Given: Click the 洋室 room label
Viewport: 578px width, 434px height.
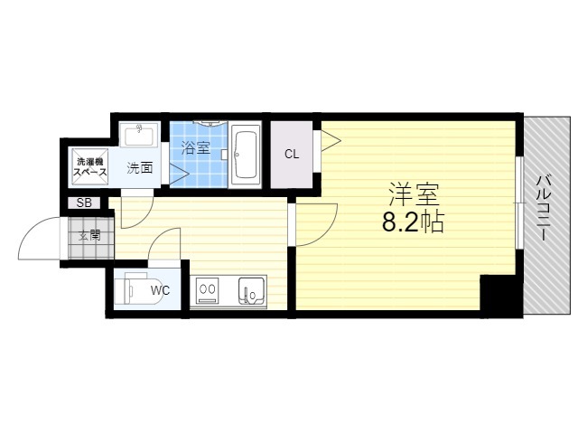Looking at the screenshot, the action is click(414, 195).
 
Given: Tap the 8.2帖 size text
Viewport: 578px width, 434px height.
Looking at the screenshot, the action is click(413, 222).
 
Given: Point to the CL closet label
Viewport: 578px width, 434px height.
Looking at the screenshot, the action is click(292, 155).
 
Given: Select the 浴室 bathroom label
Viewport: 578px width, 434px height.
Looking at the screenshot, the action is click(195, 148).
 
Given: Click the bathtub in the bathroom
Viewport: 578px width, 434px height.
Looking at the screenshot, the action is click(245, 155).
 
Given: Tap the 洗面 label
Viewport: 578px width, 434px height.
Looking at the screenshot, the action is click(140, 168).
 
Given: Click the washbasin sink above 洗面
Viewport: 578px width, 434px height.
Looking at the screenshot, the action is click(139, 135).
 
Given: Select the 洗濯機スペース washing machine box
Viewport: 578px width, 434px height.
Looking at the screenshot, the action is click(90, 166).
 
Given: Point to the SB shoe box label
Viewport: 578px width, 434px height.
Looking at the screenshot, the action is click(84, 203).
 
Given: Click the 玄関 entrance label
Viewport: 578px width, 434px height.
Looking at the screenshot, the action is click(89, 235).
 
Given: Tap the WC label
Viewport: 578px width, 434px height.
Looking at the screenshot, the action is click(160, 291).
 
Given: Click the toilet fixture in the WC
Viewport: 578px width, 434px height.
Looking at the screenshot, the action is click(139, 288).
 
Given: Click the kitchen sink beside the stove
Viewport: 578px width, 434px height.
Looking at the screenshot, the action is click(251, 290).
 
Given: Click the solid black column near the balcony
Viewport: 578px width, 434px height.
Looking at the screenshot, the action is click(501, 296).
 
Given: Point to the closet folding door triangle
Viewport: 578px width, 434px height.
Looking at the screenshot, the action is click(331, 140).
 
